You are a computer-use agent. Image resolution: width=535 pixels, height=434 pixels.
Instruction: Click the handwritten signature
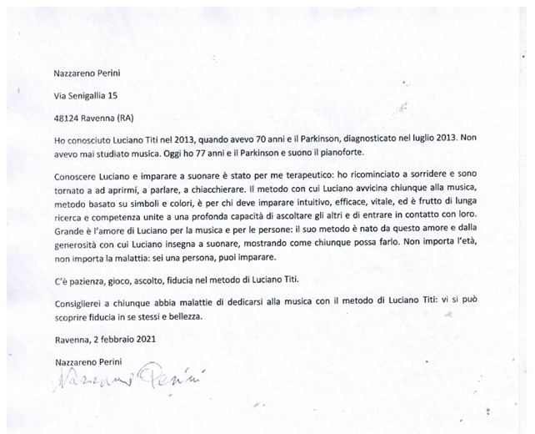(122, 380)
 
